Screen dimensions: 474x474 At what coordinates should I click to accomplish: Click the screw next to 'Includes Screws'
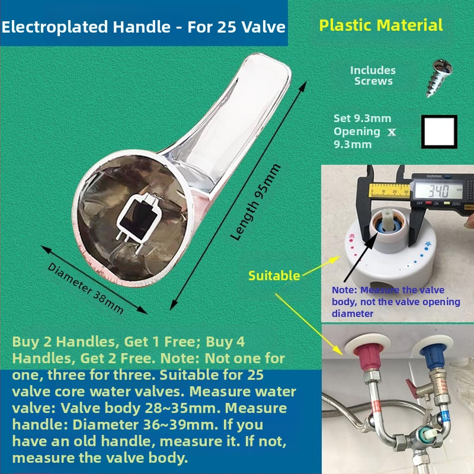[440, 78]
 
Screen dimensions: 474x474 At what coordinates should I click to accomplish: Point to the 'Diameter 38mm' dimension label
[86, 289]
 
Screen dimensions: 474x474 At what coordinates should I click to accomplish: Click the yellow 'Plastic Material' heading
[381, 25]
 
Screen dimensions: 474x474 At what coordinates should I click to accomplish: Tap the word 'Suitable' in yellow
[274, 276]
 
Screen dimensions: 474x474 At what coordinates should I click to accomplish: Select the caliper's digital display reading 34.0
[438, 191]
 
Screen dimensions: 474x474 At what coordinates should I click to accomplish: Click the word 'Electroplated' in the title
[55, 27]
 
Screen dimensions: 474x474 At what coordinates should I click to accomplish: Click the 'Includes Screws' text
[373, 76]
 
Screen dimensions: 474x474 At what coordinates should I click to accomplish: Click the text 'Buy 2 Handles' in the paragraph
[64, 342]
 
